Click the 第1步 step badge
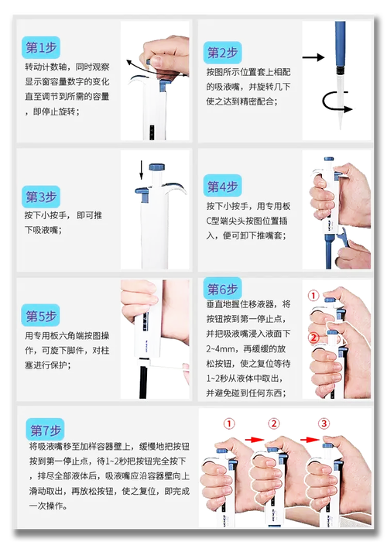pyautogui.click(x=41, y=47)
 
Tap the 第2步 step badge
pyautogui.click(x=222, y=53)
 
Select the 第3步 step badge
pyautogui.click(x=41, y=197)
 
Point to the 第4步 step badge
pyautogui.click(x=222, y=186)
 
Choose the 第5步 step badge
pyautogui.click(x=40, y=315)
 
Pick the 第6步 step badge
pyautogui.click(x=222, y=289)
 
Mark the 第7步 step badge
pyautogui.click(x=45, y=430)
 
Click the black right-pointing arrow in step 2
pyautogui.click(x=313, y=57)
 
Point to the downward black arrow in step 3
pyautogui.click(x=141, y=170)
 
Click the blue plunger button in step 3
pyautogui.click(x=157, y=167)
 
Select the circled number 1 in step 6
pyautogui.click(x=313, y=296)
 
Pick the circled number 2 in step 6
pyautogui.click(x=313, y=338)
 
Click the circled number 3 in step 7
pyautogui.click(x=324, y=424)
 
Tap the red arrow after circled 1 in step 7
pyautogui.click(x=254, y=440)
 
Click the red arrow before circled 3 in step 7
pyautogui.click(x=310, y=440)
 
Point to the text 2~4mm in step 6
pyautogui.click(x=223, y=348)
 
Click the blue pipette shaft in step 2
pyautogui.click(x=340, y=44)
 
